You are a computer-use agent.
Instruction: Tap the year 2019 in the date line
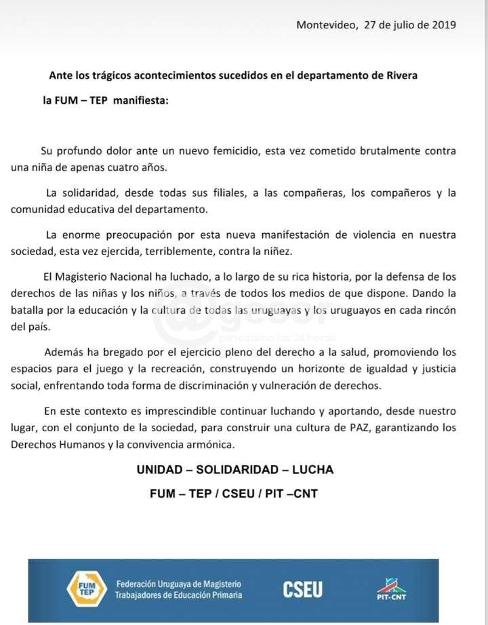point(443,25)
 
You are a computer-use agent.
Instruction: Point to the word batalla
point(27,310)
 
